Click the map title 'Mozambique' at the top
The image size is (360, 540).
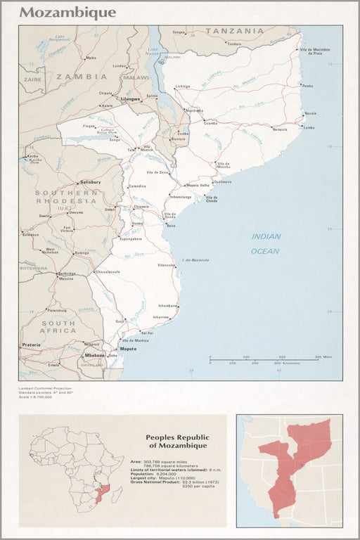67,13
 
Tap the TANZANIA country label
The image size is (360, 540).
234,31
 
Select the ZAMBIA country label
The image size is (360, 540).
82,76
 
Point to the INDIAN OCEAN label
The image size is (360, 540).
266,244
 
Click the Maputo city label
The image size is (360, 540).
128,349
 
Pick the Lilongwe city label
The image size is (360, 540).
131,100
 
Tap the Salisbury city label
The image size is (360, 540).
91,182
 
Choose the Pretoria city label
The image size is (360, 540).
31,345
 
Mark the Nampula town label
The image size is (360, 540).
280,129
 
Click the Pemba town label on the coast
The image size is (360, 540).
307,85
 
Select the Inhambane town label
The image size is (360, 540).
168,306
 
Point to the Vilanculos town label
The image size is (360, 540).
167,265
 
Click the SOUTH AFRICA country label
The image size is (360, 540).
58,326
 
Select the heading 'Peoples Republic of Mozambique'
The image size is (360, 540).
176,442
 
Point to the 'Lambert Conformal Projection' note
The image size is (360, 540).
45,388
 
